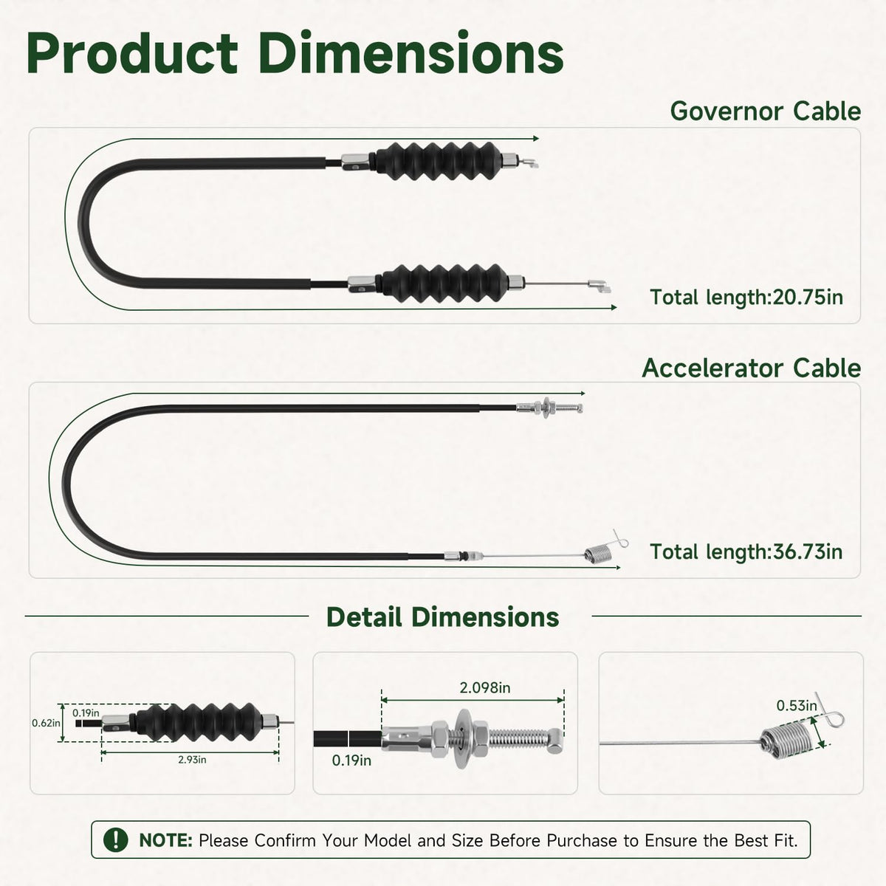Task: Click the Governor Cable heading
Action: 765,111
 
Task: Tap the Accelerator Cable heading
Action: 752,368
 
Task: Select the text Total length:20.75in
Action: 746,297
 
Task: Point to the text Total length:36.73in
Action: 746,552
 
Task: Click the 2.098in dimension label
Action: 485,688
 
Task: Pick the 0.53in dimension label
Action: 797,706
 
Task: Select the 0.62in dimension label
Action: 46,724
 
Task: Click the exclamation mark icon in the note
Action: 115,839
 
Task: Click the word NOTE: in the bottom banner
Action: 165,840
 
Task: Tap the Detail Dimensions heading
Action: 443,617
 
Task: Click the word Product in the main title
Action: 132,53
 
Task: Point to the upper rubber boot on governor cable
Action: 438,161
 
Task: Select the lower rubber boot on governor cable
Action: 445,284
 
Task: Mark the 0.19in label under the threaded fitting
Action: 351,760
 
